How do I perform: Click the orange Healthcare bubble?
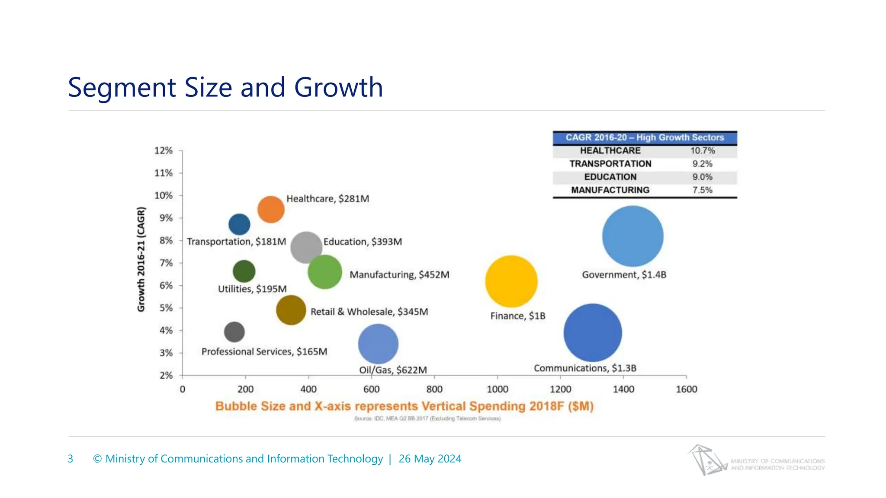[x=271, y=210]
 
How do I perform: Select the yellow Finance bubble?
[x=511, y=281]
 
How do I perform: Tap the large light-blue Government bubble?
[x=632, y=236]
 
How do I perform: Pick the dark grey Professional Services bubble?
[x=234, y=332]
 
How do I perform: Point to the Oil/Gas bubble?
[x=378, y=344]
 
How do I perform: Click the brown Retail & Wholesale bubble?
[x=291, y=310]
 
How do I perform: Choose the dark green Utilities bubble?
[x=244, y=271]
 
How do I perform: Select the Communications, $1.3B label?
[x=585, y=368]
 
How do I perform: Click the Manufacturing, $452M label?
[x=399, y=275]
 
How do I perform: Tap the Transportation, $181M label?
[x=236, y=242]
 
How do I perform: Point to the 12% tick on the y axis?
[x=164, y=150]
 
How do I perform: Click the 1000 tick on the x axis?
[x=498, y=389]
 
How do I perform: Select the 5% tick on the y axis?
[x=166, y=308]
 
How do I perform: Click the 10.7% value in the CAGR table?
[x=702, y=151]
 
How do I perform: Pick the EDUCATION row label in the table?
[x=610, y=177]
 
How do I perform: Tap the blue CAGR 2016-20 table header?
[x=645, y=137]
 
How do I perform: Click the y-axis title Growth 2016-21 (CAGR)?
[x=141, y=259]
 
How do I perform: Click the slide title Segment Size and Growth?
[x=225, y=87]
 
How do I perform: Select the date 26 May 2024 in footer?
[x=430, y=459]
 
